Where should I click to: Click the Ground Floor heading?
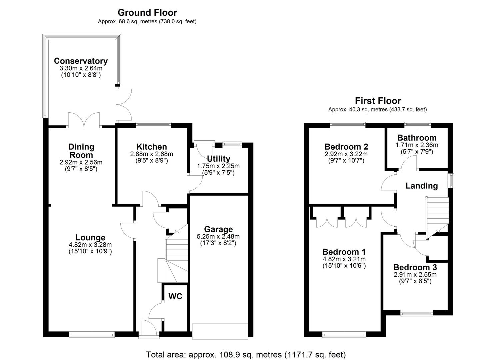click(147, 13)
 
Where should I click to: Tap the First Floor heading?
click(378, 101)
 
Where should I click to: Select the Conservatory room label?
click(81, 61)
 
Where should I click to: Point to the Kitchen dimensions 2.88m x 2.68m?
click(152, 154)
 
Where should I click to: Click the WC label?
click(175, 296)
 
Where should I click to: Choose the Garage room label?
click(218, 229)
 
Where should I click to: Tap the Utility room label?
click(219, 159)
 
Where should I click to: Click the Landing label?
click(422, 186)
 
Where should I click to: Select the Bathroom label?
click(417, 138)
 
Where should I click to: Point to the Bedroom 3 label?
click(415, 267)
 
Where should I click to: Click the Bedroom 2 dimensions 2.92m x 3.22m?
click(346, 154)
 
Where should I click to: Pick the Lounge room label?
click(90, 238)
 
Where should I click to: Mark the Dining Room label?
click(81, 151)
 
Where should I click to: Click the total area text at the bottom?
click(246, 355)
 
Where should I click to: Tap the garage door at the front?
click(220, 331)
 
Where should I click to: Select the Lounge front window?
click(92, 334)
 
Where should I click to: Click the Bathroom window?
click(418, 125)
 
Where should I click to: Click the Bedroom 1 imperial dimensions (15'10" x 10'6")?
click(344, 265)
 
